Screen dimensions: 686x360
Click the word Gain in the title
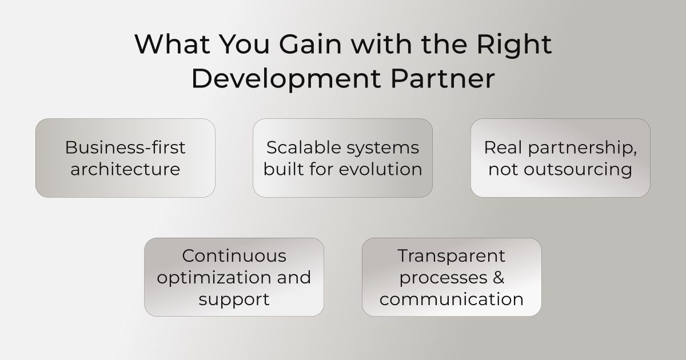click(x=310, y=45)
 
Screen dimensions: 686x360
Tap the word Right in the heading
click(x=514, y=45)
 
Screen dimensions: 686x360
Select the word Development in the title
click(x=286, y=79)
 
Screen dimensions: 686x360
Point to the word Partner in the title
click(x=442, y=79)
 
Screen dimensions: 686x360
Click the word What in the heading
click(x=173, y=45)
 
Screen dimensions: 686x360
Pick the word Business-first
click(x=125, y=147)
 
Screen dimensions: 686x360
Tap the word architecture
click(x=125, y=169)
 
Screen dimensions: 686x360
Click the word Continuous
click(x=234, y=255)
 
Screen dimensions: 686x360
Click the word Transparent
click(x=452, y=256)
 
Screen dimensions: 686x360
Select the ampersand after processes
click(x=498, y=277)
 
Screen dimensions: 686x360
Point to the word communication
click(x=452, y=299)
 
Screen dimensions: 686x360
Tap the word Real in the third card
click(x=503, y=147)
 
